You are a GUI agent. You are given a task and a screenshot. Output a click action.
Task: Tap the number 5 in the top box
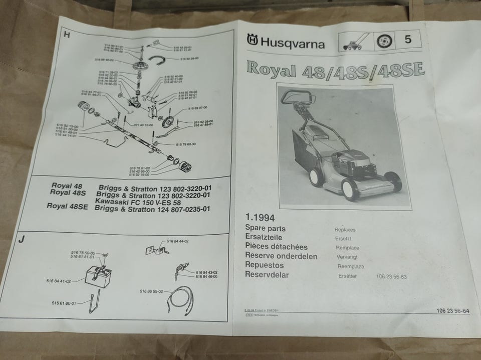(x=407, y=40)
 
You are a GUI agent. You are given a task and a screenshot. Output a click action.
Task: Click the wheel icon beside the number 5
(x=383, y=42)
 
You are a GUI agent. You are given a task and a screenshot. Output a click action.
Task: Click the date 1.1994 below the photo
(x=260, y=218)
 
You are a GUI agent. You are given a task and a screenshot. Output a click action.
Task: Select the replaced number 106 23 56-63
(x=391, y=276)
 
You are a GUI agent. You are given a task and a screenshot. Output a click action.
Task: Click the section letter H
(x=66, y=35)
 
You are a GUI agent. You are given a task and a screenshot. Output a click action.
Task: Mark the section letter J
(x=21, y=239)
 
